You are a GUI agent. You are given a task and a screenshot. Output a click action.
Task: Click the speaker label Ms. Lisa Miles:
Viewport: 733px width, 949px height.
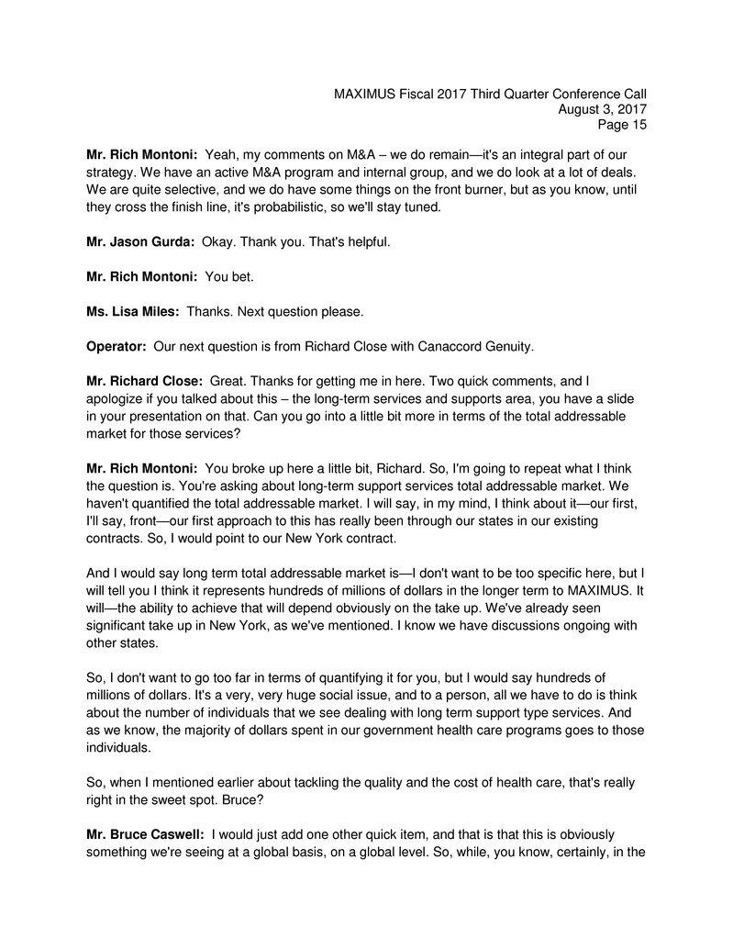[131, 311]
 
